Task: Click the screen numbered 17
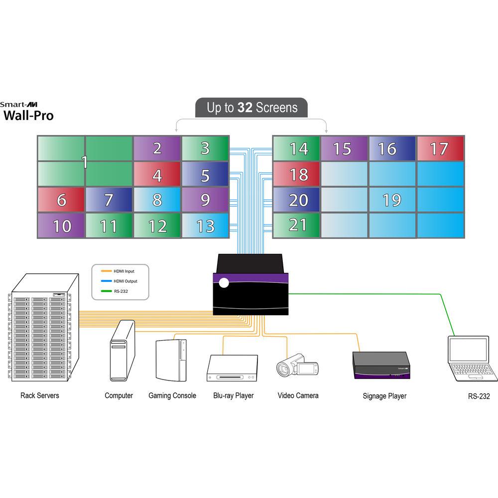(x=440, y=148)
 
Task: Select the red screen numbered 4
(x=157, y=174)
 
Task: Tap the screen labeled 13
(x=205, y=226)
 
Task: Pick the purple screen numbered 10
(x=61, y=226)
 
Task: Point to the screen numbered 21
(x=297, y=225)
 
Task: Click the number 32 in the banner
(x=245, y=108)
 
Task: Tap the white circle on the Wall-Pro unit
(x=224, y=283)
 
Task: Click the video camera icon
(x=297, y=368)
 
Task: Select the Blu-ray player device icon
(x=232, y=368)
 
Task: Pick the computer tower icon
(x=122, y=351)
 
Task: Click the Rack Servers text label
(x=40, y=395)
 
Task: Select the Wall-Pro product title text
(x=28, y=117)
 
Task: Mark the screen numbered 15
(x=342, y=148)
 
